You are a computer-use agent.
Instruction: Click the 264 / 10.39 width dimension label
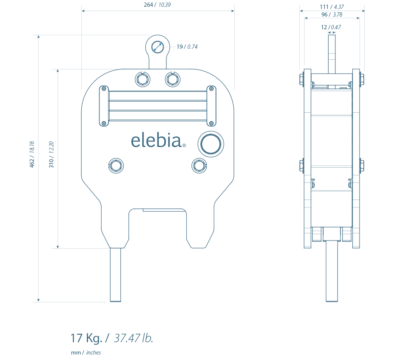(157, 5)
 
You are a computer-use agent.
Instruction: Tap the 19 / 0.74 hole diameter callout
(187, 47)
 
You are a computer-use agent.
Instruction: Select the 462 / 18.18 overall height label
(32, 154)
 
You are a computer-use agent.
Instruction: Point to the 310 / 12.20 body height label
(51, 154)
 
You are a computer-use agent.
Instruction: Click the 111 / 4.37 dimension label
(332, 7)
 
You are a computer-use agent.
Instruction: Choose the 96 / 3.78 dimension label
(332, 15)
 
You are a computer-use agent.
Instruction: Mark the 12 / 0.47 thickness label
(331, 27)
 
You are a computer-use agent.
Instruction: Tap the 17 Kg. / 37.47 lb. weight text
(112, 338)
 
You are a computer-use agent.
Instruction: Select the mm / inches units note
(86, 353)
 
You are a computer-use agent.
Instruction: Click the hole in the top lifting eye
(158, 47)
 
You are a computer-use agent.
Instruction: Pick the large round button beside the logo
(210, 144)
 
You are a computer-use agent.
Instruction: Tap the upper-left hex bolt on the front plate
(143, 79)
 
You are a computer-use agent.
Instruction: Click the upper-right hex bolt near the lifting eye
(173, 79)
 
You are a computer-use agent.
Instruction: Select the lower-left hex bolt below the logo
(116, 166)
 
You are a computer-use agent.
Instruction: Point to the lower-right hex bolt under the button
(199, 166)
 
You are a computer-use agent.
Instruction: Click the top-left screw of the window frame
(103, 89)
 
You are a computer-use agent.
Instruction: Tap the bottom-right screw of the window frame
(211, 123)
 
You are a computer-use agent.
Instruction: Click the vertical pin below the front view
(116, 275)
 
